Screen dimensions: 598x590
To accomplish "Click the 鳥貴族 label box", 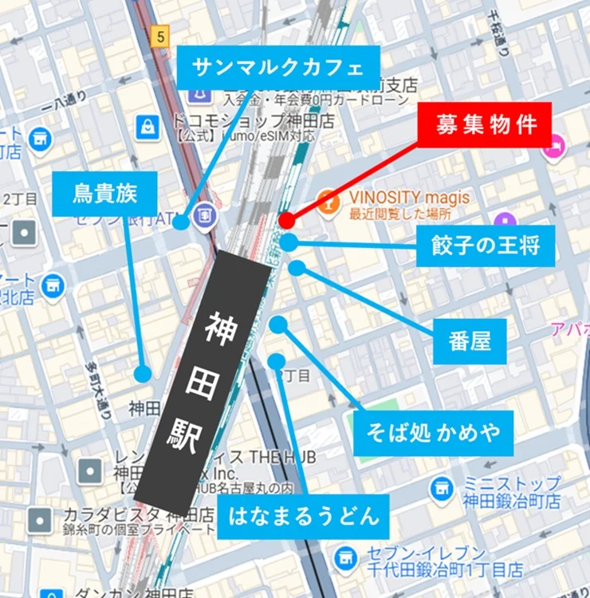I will click(x=104, y=194).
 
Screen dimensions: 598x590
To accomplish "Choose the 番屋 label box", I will click(x=470, y=341).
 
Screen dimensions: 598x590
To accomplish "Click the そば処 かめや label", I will click(x=433, y=433).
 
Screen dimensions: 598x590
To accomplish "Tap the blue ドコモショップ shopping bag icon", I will click(x=147, y=126).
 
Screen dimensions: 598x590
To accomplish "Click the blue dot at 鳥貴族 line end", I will click(x=143, y=373).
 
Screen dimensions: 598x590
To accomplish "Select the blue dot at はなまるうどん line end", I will click(x=276, y=361).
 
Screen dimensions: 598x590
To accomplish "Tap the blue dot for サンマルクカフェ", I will click(x=181, y=222).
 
